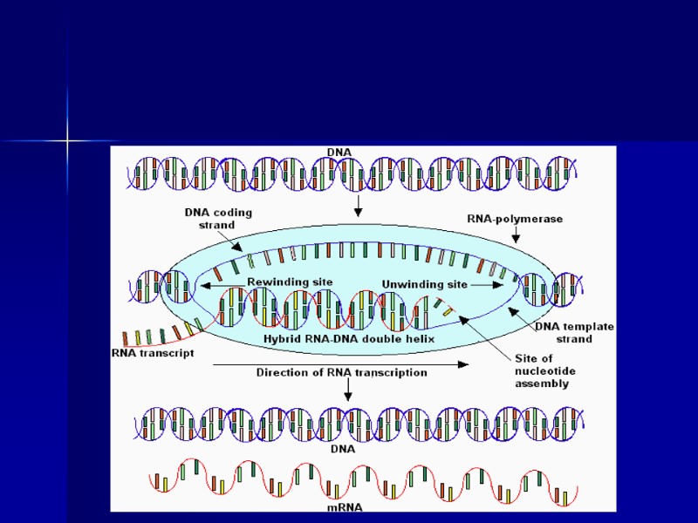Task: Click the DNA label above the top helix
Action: pyautogui.click(x=339, y=153)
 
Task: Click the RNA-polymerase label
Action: pyautogui.click(x=516, y=220)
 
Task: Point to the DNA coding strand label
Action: pyautogui.click(x=209, y=218)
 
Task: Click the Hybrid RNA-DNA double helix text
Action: pyautogui.click(x=348, y=338)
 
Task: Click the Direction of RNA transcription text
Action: pyautogui.click(x=341, y=372)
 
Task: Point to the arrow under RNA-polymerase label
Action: pyautogui.click(x=516, y=234)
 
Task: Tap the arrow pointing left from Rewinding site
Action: pyautogui.click(x=222, y=284)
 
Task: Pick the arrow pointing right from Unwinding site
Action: pyautogui.click(x=488, y=284)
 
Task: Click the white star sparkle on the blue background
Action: pyautogui.click(x=67, y=140)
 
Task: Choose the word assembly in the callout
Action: pyautogui.click(x=542, y=383)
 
